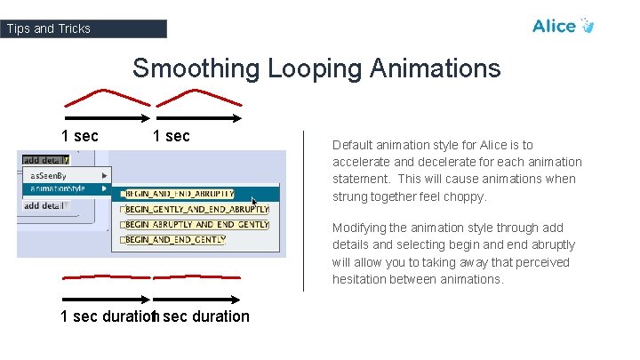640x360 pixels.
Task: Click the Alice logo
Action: [562, 26]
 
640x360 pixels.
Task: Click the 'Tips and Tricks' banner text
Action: [49, 28]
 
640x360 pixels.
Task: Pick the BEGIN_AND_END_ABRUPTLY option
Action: [180, 194]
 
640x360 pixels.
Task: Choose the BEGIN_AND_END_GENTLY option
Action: [175, 240]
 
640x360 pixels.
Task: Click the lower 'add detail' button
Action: [44, 205]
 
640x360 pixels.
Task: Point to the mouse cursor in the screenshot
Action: [255, 203]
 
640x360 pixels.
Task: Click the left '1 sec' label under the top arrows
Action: [79, 136]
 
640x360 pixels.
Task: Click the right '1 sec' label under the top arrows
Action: [171, 136]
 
